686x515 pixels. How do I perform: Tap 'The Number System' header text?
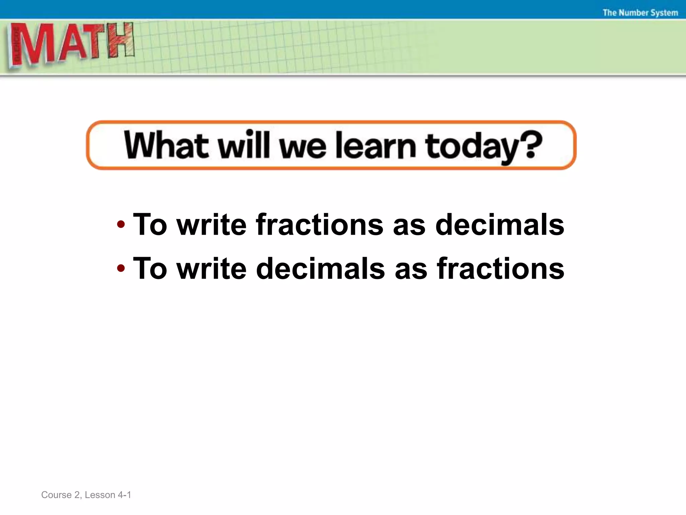[x=640, y=13]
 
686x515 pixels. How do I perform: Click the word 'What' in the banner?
[x=166, y=145]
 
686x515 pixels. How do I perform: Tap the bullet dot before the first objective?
[x=121, y=224]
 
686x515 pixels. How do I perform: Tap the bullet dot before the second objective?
[x=121, y=268]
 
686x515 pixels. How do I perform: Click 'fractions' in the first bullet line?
[x=320, y=224]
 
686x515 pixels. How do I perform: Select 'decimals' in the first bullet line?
[x=500, y=224]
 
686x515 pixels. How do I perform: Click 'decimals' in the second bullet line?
[x=321, y=268]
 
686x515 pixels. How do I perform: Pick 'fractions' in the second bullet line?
[x=501, y=268]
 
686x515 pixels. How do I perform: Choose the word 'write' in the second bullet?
[x=212, y=268]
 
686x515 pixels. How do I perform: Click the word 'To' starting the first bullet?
[x=150, y=224]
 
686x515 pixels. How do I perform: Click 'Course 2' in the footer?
[x=61, y=495]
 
